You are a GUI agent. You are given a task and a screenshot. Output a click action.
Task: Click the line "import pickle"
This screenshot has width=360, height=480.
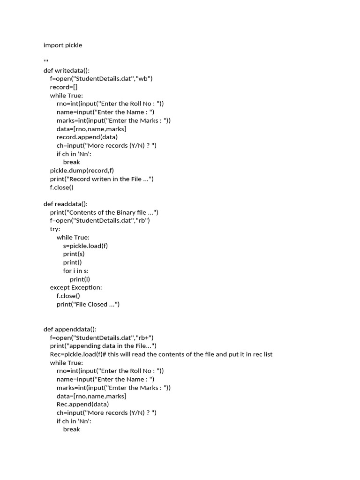62,45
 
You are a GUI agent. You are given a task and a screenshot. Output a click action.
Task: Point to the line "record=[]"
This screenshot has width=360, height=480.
64,87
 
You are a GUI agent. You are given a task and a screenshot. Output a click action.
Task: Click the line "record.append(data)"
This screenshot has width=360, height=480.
87,137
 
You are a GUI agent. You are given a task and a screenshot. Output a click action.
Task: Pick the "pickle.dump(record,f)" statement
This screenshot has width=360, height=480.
82,171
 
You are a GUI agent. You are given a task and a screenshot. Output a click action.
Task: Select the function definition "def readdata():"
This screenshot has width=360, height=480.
65,204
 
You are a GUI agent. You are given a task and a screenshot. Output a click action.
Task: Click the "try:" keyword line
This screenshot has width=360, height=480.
55,229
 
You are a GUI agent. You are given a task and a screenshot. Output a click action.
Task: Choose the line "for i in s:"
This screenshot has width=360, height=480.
76,271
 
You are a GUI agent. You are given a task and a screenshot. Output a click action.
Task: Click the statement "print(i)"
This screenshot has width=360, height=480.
80,279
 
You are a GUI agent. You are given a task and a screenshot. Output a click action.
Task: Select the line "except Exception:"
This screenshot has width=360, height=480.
75,287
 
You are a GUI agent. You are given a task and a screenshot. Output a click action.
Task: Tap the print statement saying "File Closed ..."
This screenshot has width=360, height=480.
88,304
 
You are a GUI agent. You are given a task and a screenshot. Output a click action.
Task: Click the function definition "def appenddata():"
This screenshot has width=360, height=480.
70,329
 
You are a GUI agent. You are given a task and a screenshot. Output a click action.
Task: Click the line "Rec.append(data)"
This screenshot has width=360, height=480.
82,404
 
